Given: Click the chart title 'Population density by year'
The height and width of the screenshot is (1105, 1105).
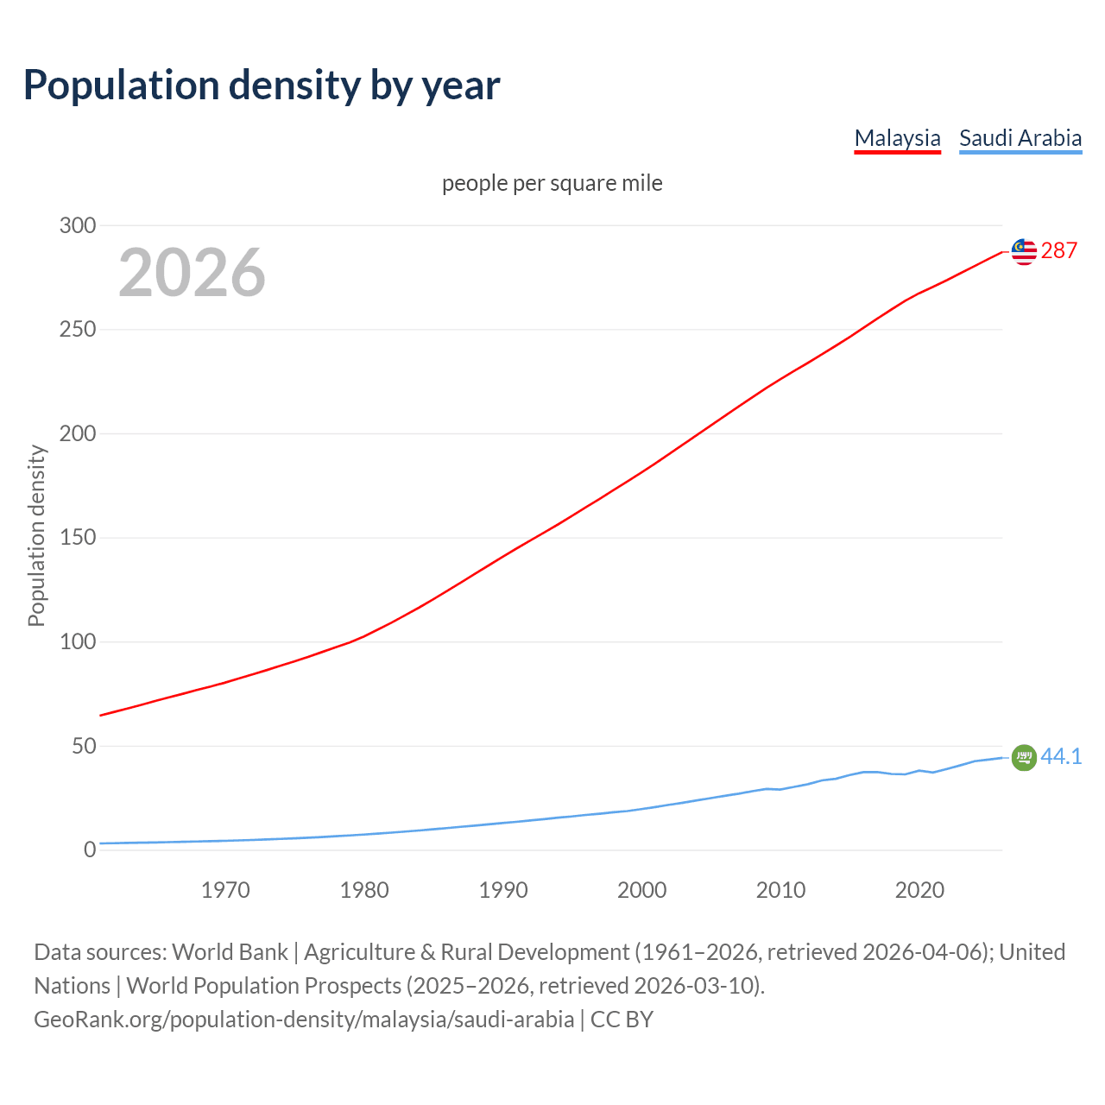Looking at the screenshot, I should pyautogui.click(x=262, y=85).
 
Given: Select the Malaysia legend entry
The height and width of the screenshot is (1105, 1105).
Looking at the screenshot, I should pyautogui.click(x=897, y=138).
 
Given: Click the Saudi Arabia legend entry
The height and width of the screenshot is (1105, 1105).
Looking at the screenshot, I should pyautogui.click(x=1020, y=138).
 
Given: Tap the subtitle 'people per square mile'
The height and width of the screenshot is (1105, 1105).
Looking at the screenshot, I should pyautogui.click(x=552, y=183).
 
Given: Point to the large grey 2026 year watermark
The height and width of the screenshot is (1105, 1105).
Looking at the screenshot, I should pyautogui.click(x=192, y=273).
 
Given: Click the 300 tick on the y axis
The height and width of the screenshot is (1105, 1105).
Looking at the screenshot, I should pyautogui.click(x=78, y=225).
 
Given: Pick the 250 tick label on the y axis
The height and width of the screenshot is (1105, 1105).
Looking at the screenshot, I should pyautogui.click(x=78, y=330).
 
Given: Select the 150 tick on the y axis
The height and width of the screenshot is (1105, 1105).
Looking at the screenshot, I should pyautogui.click(x=78, y=538).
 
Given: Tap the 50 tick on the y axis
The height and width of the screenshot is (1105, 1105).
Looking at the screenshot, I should pyautogui.click(x=83, y=746).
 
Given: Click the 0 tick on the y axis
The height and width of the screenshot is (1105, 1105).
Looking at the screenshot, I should pyautogui.click(x=90, y=849).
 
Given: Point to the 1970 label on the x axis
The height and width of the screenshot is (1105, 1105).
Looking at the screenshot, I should pyautogui.click(x=225, y=890).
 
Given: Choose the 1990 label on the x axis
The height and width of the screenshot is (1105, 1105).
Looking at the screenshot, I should pyautogui.click(x=503, y=890).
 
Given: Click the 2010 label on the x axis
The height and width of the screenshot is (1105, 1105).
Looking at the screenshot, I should pyautogui.click(x=780, y=890).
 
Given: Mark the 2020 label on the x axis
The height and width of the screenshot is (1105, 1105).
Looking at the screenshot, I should pyautogui.click(x=919, y=890).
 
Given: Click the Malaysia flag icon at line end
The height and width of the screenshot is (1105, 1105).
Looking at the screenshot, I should pyautogui.click(x=1024, y=251).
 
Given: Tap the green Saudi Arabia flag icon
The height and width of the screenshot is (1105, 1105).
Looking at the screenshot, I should pyautogui.click(x=1024, y=757).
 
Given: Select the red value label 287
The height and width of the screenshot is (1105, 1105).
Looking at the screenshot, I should pyautogui.click(x=1059, y=251).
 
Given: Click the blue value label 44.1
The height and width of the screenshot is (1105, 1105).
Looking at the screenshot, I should pyautogui.click(x=1061, y=757).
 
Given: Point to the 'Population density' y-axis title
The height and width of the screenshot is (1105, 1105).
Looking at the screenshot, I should pyautogui.click(x=36, y=535).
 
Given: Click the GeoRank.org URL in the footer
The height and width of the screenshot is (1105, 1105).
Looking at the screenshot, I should pyautogui.click(x=304, y=1020).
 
